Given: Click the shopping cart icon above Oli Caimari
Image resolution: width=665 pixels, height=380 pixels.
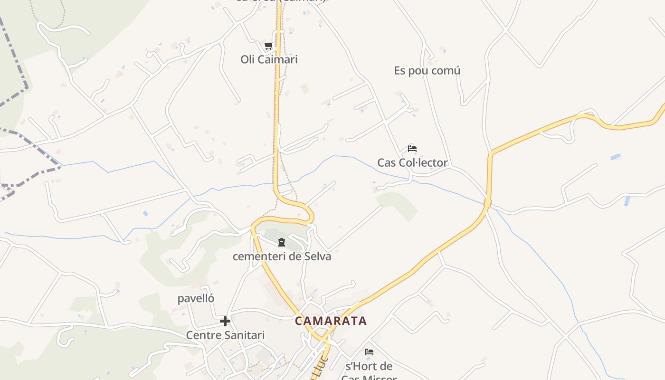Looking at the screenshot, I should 268,46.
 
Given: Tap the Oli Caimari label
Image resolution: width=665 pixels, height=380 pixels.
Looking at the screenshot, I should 269,59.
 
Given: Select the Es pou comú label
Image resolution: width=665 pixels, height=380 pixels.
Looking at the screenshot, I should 427,71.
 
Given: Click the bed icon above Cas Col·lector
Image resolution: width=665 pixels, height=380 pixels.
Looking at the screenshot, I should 412,149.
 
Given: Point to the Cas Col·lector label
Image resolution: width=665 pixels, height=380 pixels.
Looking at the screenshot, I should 412,163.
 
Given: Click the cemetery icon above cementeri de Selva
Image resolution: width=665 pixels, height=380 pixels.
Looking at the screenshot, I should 282,243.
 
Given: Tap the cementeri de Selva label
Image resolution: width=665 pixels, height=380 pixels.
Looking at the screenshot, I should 282,256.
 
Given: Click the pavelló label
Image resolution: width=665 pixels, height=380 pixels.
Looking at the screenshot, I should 196,299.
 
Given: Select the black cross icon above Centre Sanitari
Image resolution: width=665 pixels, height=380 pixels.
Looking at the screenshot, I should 225,322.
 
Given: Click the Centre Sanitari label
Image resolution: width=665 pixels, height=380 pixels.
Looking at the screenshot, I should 225,335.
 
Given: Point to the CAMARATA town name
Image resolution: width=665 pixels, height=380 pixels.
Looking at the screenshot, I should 331,321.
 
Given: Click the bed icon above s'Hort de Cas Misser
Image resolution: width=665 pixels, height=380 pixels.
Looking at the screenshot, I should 369,352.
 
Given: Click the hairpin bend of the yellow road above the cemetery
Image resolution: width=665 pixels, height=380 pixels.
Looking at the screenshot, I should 311,216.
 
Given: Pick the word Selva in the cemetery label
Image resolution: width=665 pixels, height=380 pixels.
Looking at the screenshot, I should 318,256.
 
